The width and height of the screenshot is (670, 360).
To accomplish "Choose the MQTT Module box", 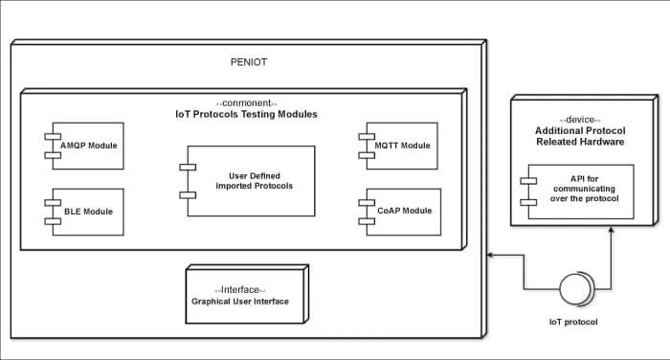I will click(x=400, y=146).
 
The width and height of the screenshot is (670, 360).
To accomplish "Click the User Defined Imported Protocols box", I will click(x=251, y=180).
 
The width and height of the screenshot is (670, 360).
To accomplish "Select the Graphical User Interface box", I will click(x=247, y=295).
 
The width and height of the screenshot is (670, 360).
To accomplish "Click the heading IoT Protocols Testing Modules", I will click(x=247, y=115).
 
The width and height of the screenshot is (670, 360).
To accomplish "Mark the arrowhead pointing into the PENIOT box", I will click(x=491, y=256).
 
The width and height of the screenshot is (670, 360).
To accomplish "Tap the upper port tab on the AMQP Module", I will click(x=50, y=137).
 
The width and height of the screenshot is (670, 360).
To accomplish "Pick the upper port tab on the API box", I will click(x=525, y=181).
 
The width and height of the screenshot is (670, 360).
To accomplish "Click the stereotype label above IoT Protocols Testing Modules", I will click(x=247, y=102).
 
